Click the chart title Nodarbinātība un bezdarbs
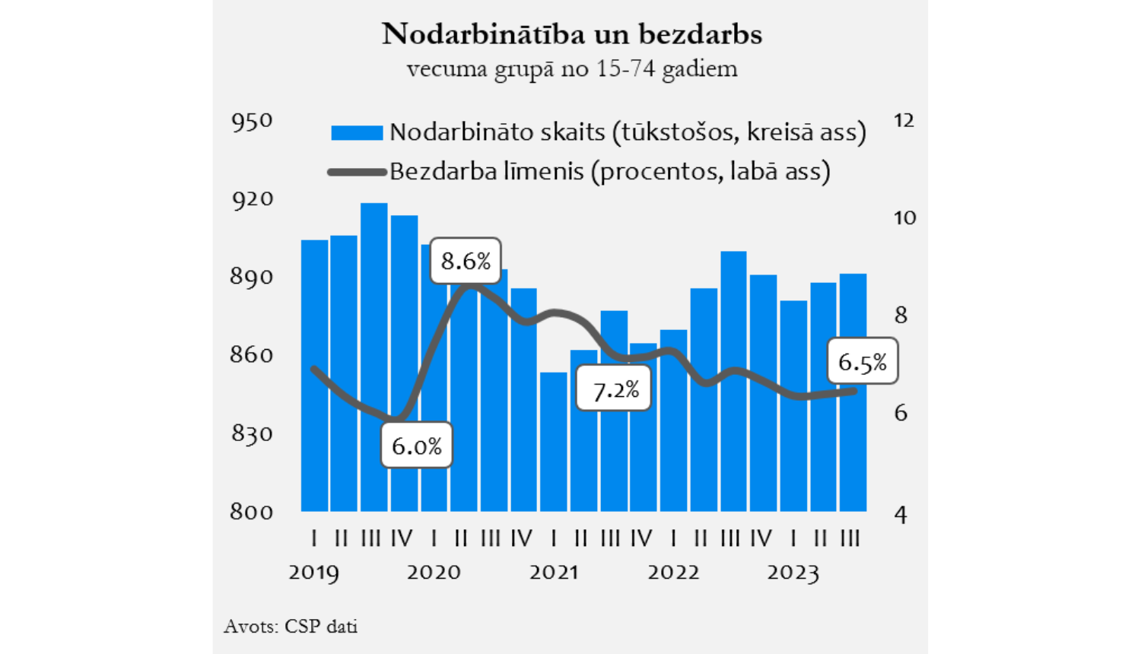coord(571,34)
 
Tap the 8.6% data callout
coord(466,261)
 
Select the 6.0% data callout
coord(416,445)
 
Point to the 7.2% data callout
coord(615,389)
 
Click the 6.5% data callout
coord(862,361)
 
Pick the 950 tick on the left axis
coord(252,121)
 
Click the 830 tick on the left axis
coord(252,433)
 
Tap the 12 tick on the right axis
coord(904,120)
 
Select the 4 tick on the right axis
coord(901,516)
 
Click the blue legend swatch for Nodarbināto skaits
coord(357,133)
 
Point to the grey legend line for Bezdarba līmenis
coord(357,172)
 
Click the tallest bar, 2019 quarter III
coord(374,357)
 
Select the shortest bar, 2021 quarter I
coord(554,441)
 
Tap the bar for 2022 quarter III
coord(733,380)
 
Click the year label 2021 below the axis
coord(554,572)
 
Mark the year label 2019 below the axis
coord(313,572)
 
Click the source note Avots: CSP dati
coord(291,626)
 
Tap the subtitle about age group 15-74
coord(571,69)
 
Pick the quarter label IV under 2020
coord(522,538)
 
